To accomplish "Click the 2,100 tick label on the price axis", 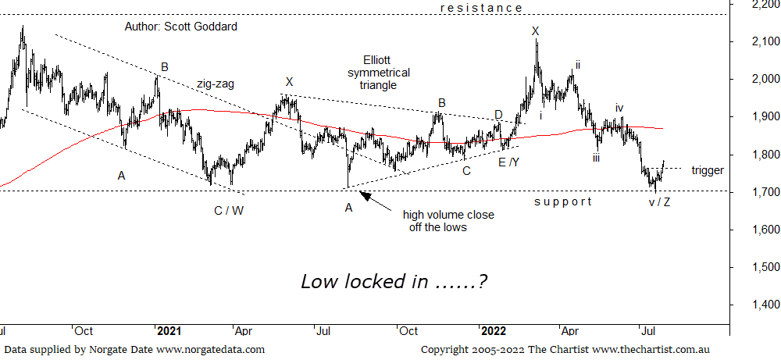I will coord(753,41).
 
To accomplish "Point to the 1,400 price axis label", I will coord(753,305).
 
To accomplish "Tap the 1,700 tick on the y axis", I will coord(753,192).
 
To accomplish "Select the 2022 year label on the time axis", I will coord(496,331).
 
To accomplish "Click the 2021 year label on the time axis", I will coord(169,331).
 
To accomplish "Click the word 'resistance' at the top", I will coord(481,8).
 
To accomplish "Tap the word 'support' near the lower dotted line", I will coord(562,201).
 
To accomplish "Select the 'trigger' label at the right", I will coord(708,170).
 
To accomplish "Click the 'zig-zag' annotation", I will coord(216,83).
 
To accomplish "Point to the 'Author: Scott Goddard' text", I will coord(180,27).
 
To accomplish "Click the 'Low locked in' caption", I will coord(394,282).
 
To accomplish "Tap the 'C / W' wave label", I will coord(229,210).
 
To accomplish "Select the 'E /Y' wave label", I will coord(508,162).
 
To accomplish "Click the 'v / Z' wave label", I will coord(660,202).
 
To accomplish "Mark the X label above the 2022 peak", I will coord(535,31).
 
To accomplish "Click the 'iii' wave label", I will coord(596,158).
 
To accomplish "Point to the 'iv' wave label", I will coord(619,108).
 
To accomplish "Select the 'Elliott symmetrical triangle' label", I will coord(379,73).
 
